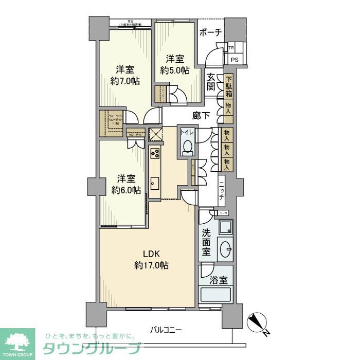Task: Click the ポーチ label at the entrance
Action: (x=211, y=32)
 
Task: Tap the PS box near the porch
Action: (x=235, y=60)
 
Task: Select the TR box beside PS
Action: (x=231, y=49)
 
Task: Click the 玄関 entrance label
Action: (x=211, y=82)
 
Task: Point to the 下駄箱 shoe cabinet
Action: (x=229, y=87)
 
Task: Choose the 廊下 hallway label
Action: (x=201, y=116)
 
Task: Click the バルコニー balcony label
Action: (x=166, y=329)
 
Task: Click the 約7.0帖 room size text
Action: (x=125, y=81)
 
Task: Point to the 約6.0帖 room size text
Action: (x=125, y=190)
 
